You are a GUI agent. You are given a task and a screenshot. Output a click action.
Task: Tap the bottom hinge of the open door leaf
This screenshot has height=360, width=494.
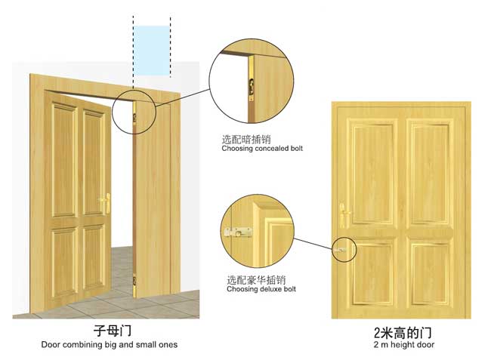click(135, 286)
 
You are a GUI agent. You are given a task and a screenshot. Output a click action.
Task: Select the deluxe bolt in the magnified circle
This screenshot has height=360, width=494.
click(237, 233)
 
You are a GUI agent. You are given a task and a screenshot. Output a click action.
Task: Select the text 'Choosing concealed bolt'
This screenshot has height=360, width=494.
click(262, 149)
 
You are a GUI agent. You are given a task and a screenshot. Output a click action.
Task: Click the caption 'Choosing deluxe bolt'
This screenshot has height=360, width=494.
click(261, 289)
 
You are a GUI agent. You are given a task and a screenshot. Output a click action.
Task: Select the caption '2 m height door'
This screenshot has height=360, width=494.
click(404, 345)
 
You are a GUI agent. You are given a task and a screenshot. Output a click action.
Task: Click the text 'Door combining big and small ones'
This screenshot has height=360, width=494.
click(110, 345)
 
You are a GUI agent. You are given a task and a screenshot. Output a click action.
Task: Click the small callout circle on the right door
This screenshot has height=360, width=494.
click(344, 250)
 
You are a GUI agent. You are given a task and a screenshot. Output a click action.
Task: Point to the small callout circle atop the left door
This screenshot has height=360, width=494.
click(137, 112)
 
